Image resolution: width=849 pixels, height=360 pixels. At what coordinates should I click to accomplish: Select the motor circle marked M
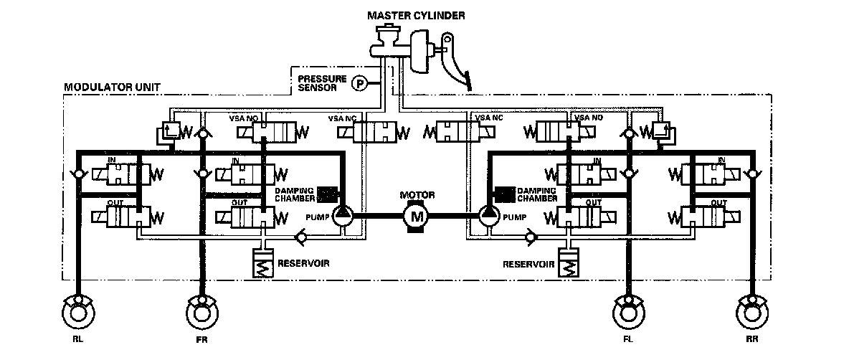tap(414, 214)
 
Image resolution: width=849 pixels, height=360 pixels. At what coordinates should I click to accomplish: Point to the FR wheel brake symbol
tap(201, 313)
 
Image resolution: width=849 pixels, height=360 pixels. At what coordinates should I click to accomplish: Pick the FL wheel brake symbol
tap(629, 313)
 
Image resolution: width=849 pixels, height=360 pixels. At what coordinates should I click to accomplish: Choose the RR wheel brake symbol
tap(753, 313)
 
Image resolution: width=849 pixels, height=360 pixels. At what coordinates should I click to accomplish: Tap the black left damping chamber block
tap(327, 194)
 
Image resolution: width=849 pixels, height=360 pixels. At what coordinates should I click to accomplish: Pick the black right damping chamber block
tap(504, 194)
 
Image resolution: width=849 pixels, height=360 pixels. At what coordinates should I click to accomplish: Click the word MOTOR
tap(418, 194)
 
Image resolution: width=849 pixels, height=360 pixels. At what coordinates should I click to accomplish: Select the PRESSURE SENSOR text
tap(321, 83)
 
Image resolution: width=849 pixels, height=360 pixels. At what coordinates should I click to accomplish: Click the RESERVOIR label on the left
tap(304, 263)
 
